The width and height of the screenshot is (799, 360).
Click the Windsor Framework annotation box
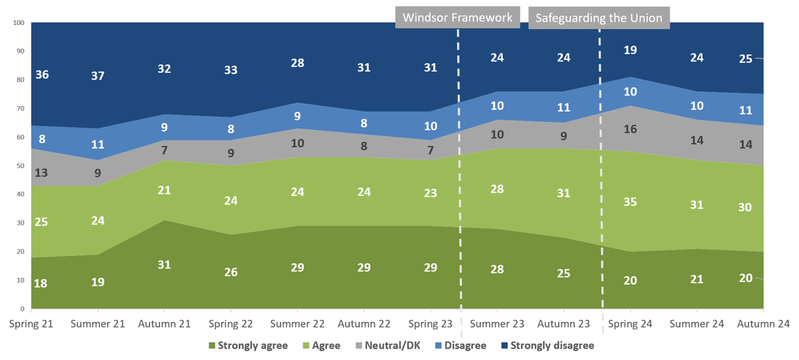point(458,17)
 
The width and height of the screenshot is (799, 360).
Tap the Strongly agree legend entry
point(247,345)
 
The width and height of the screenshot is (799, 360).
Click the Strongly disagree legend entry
point(546,345)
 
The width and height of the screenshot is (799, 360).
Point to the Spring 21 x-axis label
point(31,324)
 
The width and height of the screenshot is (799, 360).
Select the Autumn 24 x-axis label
point(763,324)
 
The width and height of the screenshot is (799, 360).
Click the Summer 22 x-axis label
point(297,324)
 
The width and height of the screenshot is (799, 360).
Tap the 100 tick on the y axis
point(18,23)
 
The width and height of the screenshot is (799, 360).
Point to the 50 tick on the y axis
point(20,166)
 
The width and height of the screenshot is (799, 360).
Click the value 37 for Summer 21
point(97,76)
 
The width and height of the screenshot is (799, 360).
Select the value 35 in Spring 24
point(630,201)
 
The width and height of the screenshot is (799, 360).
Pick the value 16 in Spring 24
point(630,130)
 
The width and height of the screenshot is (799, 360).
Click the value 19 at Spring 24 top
point(630,50)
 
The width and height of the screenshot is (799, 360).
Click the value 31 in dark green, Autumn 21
point(164,264)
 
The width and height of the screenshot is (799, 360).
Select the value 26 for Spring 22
point(230,272)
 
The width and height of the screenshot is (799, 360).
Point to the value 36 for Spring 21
point(42,74)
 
